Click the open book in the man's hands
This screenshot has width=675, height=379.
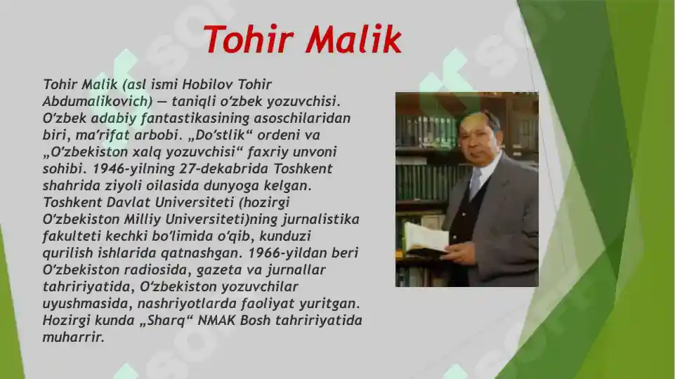426,237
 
